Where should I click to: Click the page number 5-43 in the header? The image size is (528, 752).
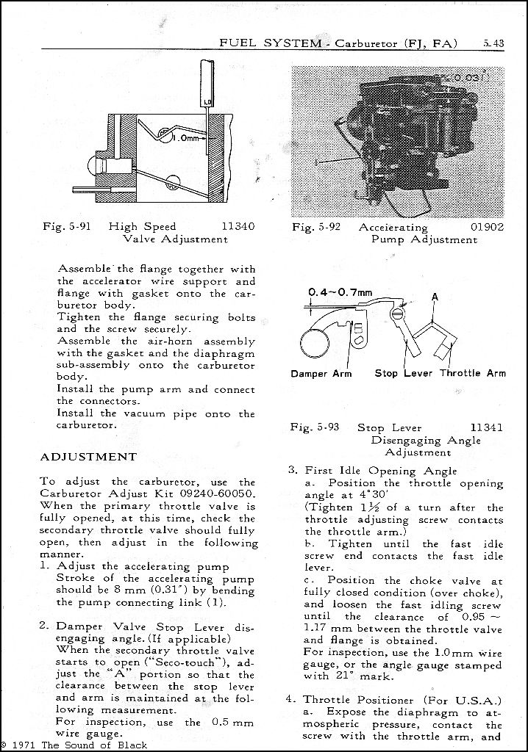[493, 43]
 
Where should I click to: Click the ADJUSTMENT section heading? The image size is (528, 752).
[88, 457]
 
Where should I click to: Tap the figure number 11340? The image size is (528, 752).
[238, 226]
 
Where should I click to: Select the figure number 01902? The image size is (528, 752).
[487, 227]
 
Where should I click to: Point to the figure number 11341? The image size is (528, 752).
[487, 427]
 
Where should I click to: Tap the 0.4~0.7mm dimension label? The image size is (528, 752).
[340, 292]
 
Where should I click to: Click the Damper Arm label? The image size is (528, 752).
[321, 374]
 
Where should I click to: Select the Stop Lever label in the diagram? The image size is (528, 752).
[403, 373]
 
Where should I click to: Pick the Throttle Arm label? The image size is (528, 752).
[474, 373]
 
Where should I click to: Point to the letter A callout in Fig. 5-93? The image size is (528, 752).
[435, 297]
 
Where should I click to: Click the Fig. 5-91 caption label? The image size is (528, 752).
[67, 226]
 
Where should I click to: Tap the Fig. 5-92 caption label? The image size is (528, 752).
[316, 227]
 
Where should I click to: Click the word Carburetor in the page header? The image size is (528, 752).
[366, 43]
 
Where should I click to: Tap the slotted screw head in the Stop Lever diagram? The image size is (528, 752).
[399, 314]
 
